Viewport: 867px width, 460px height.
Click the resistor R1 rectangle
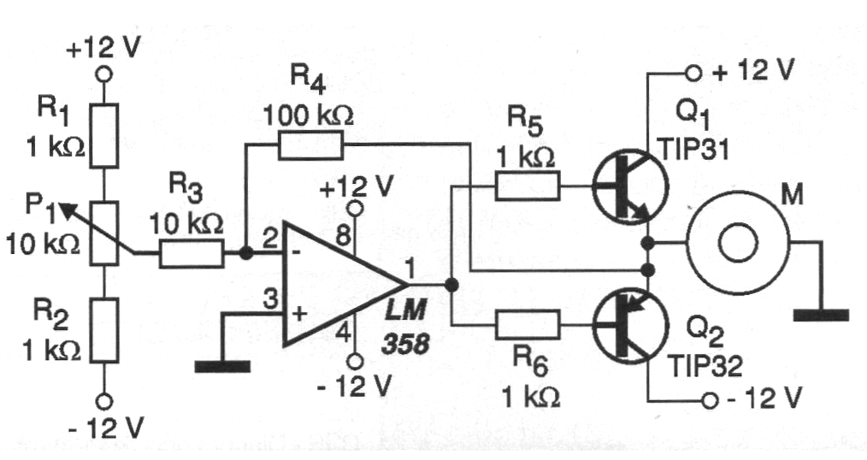point(103,135)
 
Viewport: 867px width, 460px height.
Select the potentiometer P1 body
point(103,233)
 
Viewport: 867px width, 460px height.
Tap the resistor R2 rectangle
point(103,330)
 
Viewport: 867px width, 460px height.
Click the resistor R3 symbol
point(192,254)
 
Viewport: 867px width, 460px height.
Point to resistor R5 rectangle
point(528,186)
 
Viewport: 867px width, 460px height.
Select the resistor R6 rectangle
point(528,325)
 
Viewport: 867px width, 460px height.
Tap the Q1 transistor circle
point(630,186)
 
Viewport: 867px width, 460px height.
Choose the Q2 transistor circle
point(630,325)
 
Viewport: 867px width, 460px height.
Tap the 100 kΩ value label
point(308,115)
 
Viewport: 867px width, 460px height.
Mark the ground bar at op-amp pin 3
point(223,367)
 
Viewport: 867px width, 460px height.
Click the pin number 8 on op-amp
point(343,237)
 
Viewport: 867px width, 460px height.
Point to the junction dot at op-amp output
point(452,284)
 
